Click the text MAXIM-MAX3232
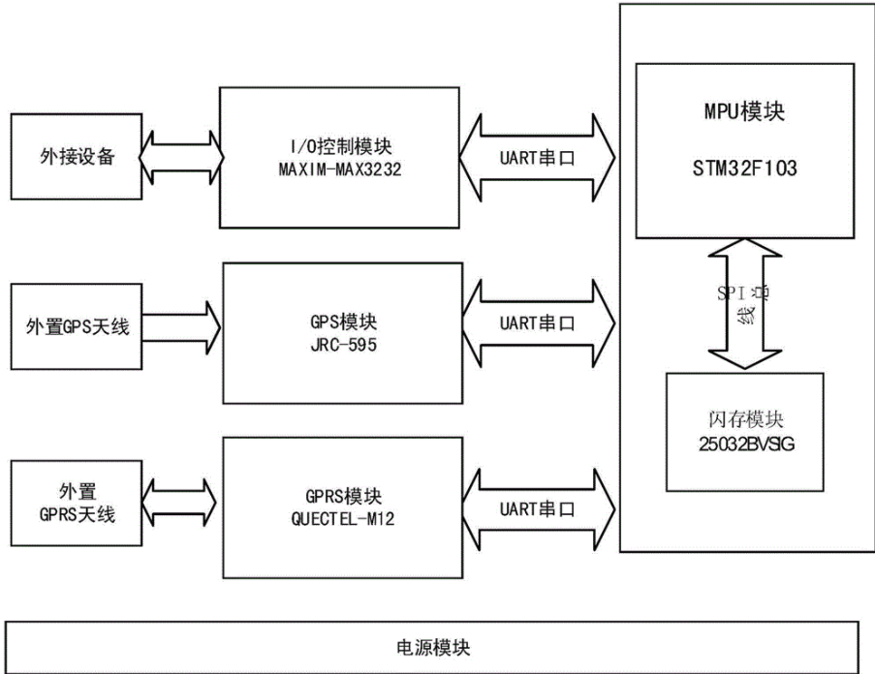338,167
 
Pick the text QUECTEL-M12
338,519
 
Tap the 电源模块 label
435,645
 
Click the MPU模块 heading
745,111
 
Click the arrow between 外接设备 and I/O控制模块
181,153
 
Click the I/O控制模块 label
338,147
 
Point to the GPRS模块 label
338,498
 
